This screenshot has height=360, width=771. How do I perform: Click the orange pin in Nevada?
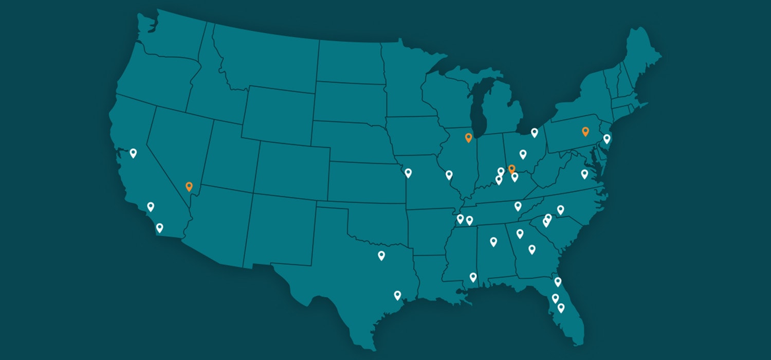189,187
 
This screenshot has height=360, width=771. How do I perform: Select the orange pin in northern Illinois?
468,137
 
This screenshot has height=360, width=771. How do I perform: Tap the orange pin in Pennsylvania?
585,131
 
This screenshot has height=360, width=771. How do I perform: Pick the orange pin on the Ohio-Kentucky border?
511,169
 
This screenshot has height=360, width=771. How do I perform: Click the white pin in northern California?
133,153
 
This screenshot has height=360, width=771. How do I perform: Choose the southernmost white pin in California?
160,228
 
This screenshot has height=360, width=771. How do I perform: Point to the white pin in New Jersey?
607,138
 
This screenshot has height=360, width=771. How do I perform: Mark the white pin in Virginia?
584,174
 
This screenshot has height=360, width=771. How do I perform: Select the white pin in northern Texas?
381,255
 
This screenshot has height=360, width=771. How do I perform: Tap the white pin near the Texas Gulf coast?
397,295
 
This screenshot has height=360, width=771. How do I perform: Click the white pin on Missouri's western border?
408,173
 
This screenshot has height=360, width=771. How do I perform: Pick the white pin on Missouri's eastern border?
449,175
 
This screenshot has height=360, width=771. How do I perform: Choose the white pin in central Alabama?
493,241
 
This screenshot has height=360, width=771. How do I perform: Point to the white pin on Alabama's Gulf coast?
473,277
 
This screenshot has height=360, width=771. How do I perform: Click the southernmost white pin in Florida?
561,308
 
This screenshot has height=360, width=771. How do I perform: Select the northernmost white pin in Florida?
558,281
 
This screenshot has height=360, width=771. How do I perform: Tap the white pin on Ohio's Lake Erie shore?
535,133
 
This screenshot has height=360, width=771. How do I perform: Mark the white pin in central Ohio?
523,154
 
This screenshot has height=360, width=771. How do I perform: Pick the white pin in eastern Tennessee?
518,206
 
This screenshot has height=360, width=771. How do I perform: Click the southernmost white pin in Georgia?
532,249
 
